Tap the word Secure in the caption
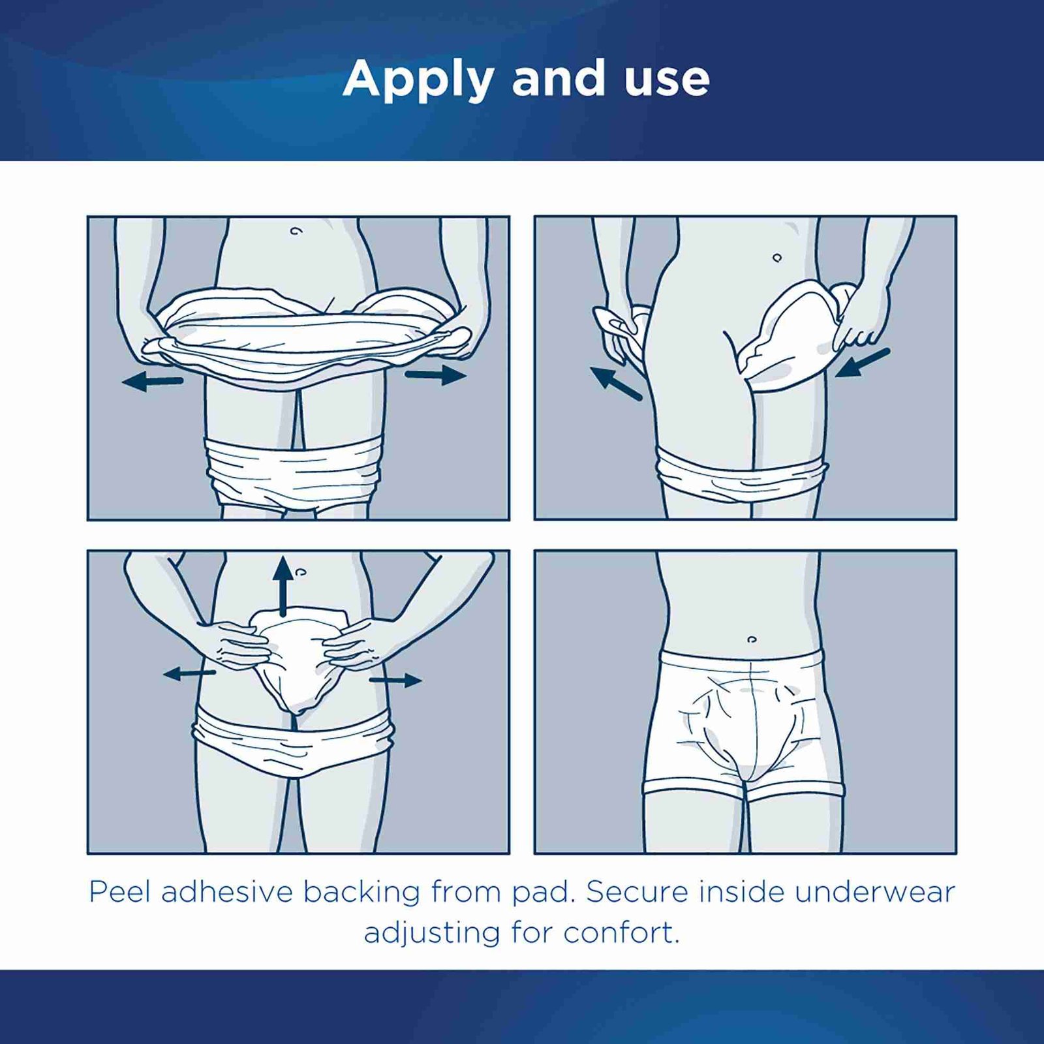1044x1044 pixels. tap(637, 892)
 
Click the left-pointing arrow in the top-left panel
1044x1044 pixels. tap(153, 382)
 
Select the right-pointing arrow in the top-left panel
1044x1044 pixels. tap(436, 375)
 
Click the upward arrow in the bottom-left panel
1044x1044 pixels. tap(283, 586)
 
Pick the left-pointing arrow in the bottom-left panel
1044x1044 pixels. tap(189, 673)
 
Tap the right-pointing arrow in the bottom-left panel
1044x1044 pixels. tap(395, 681)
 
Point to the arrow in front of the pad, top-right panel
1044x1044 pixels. tap(863, 363)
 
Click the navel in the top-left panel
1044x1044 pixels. tap(296, 231)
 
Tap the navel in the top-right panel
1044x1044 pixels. tap(777, 258)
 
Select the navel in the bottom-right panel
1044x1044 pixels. tap(752, 639)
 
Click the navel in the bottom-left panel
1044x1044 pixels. tap(300, 572)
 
